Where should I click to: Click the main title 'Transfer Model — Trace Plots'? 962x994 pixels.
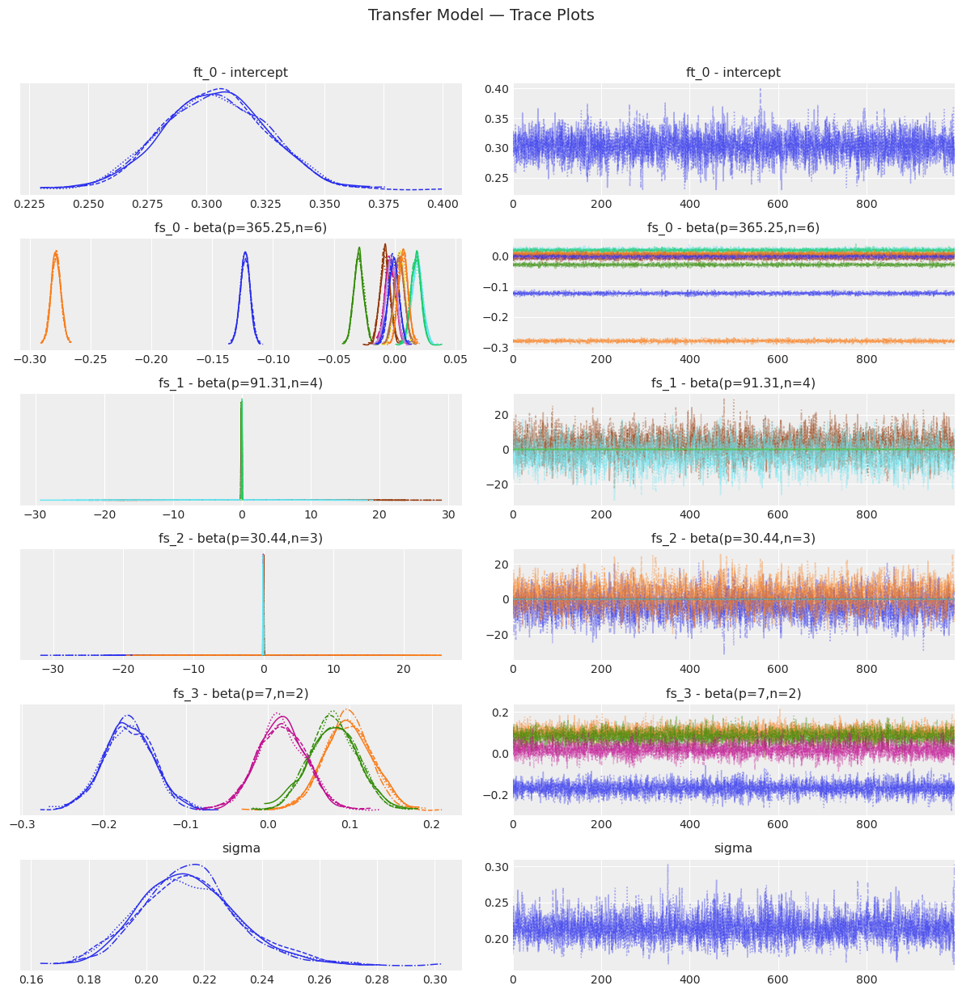[x=481, y=15]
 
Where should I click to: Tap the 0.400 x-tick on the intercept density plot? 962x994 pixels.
[x=443, y=204]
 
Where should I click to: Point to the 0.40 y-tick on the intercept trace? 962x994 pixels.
[x=498, y=89]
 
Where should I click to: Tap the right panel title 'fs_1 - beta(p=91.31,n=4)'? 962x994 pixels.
[x=733, y=383]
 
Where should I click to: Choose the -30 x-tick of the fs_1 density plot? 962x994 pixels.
[x=34, y=514]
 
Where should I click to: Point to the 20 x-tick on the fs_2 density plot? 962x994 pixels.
[x=403, y=670]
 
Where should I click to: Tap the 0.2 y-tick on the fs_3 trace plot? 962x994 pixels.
[x=500, y=712]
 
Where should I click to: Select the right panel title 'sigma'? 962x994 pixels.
[x=733, y=848]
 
